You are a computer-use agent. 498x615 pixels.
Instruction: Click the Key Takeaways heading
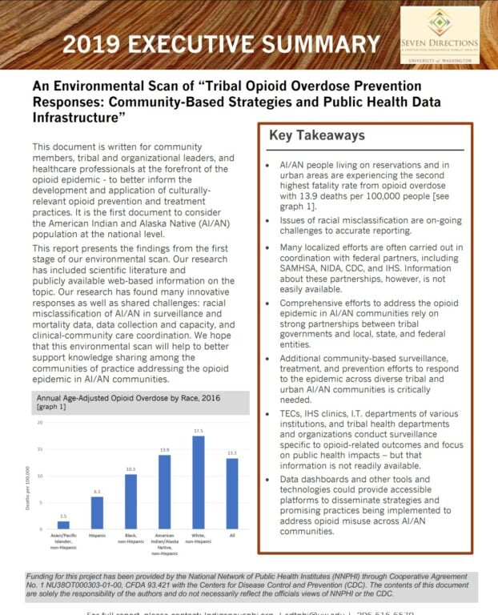click(316, 135)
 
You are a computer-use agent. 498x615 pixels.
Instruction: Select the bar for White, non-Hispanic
click(199, 482)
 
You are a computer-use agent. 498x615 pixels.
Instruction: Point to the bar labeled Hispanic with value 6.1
click(96, 512)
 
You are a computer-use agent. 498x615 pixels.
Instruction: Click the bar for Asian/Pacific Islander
click(62, 525)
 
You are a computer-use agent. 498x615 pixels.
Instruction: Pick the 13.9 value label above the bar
click(164, 450)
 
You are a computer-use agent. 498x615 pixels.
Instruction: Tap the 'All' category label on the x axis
click(232, 535)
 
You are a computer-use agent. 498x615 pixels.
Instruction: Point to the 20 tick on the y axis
click(38, 421)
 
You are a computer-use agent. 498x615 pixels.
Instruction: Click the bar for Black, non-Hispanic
click(131, 501)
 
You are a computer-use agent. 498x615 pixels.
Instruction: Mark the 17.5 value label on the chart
click(199, 430)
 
